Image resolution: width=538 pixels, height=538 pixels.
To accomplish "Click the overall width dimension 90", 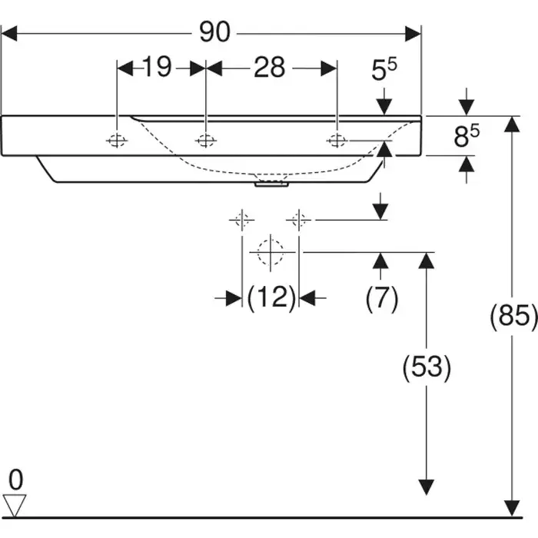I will tap(214, 32).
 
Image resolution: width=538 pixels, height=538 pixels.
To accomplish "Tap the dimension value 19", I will tap(156, 68).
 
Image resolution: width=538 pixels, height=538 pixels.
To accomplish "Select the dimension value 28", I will tap(270, 68).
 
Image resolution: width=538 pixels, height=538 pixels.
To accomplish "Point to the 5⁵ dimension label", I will tap(384, 71).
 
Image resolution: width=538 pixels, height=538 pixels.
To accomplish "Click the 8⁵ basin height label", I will tap(466, 136).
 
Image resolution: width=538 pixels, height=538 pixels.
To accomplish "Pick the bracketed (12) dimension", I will tap(271, 297).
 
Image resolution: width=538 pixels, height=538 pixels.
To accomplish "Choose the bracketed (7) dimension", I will tap(381, 297).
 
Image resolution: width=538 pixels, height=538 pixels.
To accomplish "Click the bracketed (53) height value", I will tap(427, 367).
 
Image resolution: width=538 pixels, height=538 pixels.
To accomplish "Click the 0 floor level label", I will tap(16, 480).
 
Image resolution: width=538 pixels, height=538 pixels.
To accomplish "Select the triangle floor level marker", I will tap(15, 505).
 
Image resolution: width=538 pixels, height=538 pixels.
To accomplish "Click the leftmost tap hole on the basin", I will tap(116, 141).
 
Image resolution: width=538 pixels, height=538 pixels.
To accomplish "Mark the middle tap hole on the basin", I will tap(204, 141).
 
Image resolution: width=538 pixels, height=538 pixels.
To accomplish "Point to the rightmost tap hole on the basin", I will tap(336, 140).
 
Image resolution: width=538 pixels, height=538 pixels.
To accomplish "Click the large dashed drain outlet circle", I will tap(271, 251).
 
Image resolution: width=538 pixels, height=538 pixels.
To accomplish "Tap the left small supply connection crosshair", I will tap(241, 221).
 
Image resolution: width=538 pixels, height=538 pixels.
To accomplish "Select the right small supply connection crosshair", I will tap(299, 221).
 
